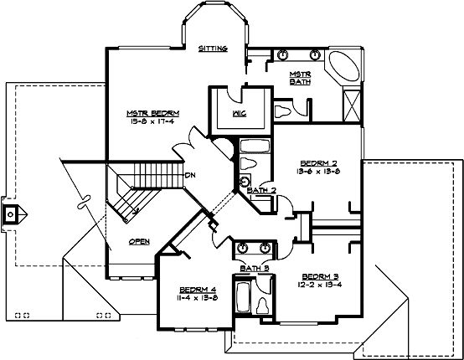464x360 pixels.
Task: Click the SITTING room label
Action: coord(213,49)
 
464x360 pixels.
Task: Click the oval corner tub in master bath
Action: coord(341,68)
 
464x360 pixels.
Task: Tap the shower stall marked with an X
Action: coord(353,105)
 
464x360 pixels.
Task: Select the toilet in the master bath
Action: coord(281,109)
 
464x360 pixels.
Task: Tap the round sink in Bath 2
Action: coord(245,182)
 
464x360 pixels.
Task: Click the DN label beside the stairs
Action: coord(190,175)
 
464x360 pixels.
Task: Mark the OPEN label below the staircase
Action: coord(139,242)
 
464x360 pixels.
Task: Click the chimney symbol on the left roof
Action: coord(9,213)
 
